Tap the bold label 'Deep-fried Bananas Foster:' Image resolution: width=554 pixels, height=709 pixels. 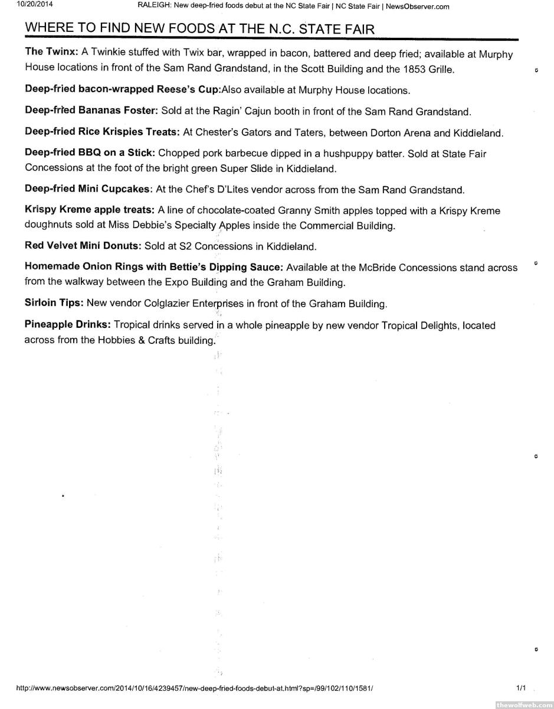coord(91,111)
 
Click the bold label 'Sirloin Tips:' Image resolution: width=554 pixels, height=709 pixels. coord(54,303)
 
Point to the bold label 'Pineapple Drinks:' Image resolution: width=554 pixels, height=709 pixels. coord(68,325)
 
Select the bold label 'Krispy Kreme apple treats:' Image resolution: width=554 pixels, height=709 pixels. coord(90,210)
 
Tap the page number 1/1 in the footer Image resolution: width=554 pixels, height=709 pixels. coord(521,688)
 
